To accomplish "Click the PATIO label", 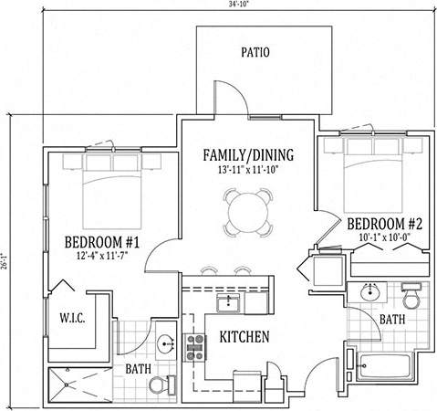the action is [x=255, y=52].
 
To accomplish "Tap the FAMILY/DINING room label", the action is [x=248, y=155].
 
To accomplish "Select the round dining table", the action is [x=248, y=213].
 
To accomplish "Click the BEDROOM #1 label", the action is [x=102, y=242].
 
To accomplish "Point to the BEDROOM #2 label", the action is [x=385, y=224].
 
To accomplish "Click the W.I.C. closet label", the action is [x=72, y=318].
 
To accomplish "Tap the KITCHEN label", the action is [x=245, y=337].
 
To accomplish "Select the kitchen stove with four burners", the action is [x=195, y=348].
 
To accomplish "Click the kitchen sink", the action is [x=228, y=302].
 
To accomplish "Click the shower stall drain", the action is [x=67, y=385].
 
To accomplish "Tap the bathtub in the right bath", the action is [x=385, y=366].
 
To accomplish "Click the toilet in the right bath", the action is [x=411, y=296].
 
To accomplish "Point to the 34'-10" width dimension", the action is [x=240, y=4].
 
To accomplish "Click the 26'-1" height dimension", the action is [x=4, y=261].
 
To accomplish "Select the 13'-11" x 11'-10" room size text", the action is [x=248, y=170].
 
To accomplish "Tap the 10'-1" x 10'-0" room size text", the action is [x=385, y=237].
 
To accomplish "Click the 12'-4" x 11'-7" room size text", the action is [x=101, y=256].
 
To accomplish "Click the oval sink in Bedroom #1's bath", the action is [x=166, y=344].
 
